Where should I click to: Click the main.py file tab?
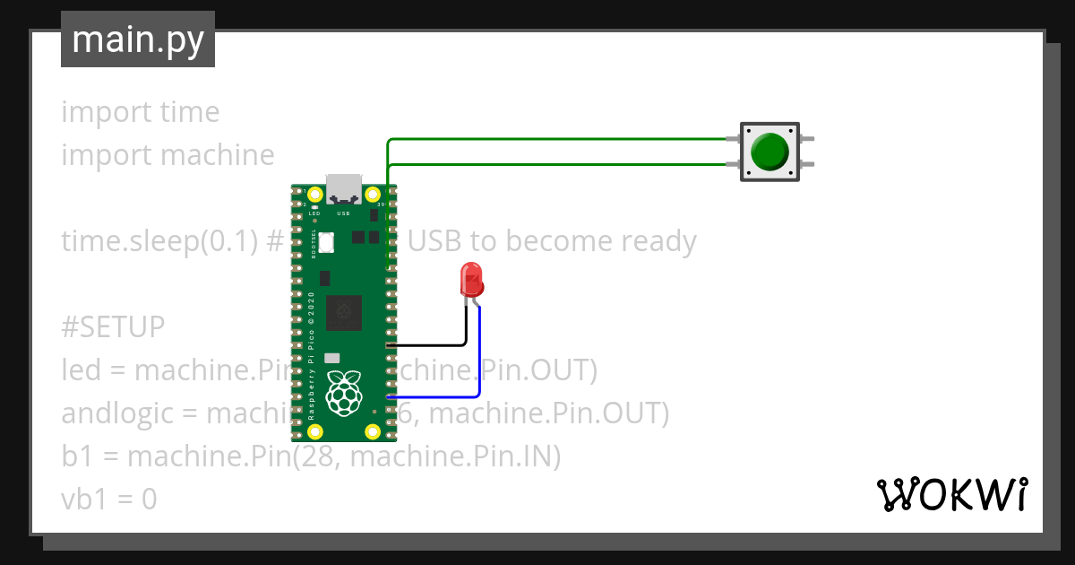point(137,39)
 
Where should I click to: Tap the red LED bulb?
point(470,280)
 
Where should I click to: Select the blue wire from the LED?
point(479,359)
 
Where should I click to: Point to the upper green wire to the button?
point(555,140)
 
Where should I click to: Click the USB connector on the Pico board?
point(343,189)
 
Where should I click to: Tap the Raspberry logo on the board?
point(343,394)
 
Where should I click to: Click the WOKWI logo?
point(950,494)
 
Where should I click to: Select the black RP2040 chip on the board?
point(343,311)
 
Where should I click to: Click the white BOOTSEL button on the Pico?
point(326,241)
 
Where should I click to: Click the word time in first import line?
point(189,112)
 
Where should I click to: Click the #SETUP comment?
point(113,327)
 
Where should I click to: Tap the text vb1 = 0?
point(109,500)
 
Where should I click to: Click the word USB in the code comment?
point(447,241)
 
